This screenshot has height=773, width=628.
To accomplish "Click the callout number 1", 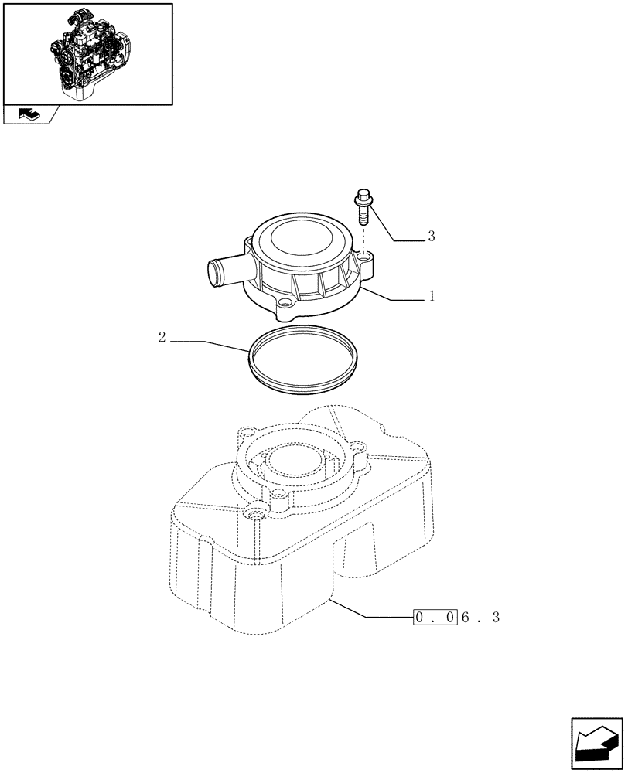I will pos(432,296).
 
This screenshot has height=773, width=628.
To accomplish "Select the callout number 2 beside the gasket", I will pos(162,338).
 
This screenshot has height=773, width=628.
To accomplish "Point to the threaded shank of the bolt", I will pos(363,215).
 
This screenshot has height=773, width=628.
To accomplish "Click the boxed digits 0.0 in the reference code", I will pos(434,618).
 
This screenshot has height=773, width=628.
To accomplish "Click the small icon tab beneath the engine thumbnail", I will pos(29,115).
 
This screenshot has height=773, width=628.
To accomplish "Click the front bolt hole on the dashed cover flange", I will pos(254,514).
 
